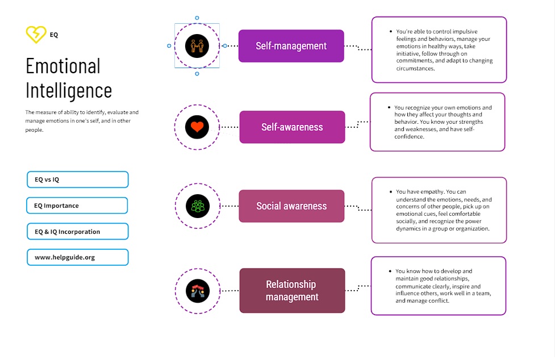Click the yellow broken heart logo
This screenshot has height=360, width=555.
[x=36, y=34]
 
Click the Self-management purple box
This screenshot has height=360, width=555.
[x=291, y=46]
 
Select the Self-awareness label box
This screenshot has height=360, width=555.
[x=292, y=127]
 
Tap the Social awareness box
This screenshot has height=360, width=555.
[x=291, y=206]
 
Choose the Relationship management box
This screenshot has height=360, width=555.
[x=292, y=291]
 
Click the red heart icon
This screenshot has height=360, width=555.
[x=197, y=127]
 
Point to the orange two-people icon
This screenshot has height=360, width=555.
[x=197, y=46]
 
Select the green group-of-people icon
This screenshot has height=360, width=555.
[x=197, y=206]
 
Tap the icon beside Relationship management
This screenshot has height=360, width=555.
[x=197, y=291]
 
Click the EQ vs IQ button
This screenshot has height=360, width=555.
[x=77, y=179]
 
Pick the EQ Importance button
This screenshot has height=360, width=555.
[x=77, y=206]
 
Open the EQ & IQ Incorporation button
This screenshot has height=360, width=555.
[x=77, y=232]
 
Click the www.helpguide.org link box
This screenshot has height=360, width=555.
[x=77, y=257]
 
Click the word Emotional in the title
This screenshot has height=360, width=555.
[x=63, y=66]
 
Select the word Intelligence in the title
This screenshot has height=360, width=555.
[x=69, y=91]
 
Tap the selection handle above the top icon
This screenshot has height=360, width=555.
[x=197, y=18]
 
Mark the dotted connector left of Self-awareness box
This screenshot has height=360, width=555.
[x=229, y=127]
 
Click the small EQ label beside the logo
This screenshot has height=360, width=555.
[x=54, y=35]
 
